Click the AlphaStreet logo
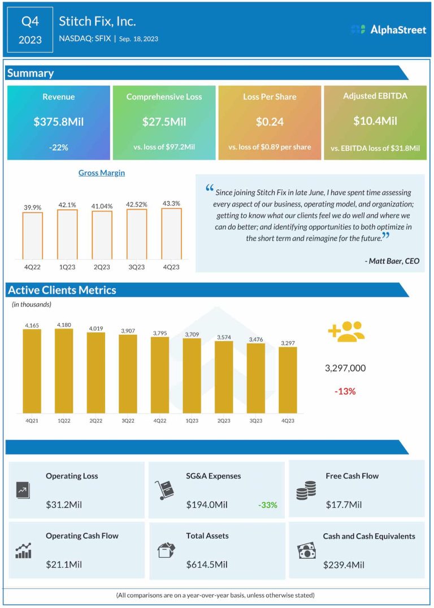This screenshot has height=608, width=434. coord(388,29)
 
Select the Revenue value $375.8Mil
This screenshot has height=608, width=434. coord(59,121)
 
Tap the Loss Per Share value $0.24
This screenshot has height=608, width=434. coord(270,121)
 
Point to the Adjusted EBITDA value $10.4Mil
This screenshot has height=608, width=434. coord(375,120)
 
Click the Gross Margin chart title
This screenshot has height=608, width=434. coord(102,173)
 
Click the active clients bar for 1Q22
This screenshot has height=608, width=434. coord(64,370)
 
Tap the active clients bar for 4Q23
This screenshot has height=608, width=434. coord(288,380)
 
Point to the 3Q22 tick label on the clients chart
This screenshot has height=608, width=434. coord(128,420)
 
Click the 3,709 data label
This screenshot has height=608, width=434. coord(192,335)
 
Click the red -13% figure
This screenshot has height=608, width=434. coord(345,391)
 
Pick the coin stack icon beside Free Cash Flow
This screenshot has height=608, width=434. coord(306,490)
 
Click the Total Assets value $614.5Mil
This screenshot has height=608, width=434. coord(207,564)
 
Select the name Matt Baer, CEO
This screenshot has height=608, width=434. coord(391,261)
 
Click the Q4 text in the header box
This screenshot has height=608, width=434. coord(31,22)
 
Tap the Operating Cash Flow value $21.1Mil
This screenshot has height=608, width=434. coord(64,564)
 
